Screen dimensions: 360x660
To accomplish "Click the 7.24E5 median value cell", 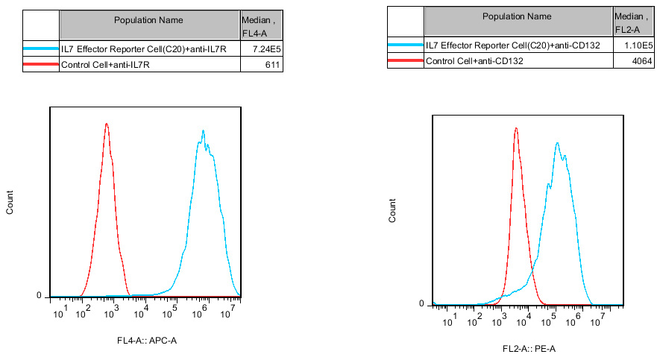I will coord(265,48).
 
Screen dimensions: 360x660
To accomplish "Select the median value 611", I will coord(271,65).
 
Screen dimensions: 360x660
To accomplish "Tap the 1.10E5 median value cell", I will coord(638,45).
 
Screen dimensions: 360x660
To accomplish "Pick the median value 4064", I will coord(641,61).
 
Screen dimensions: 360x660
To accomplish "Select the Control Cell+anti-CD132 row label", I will coord(474,61).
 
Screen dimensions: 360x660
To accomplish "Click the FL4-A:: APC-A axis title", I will coord(146,341).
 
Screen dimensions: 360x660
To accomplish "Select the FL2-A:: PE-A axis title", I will coord(529,348).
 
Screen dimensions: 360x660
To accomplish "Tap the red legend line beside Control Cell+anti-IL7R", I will coord(41,65).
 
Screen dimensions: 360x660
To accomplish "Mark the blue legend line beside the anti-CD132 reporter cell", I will coord(405,45).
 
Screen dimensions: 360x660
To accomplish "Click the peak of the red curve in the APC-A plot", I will coord(107,125).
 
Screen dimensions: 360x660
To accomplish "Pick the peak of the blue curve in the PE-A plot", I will coord(557,143).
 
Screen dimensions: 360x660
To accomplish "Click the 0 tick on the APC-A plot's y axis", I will coord(39,296).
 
